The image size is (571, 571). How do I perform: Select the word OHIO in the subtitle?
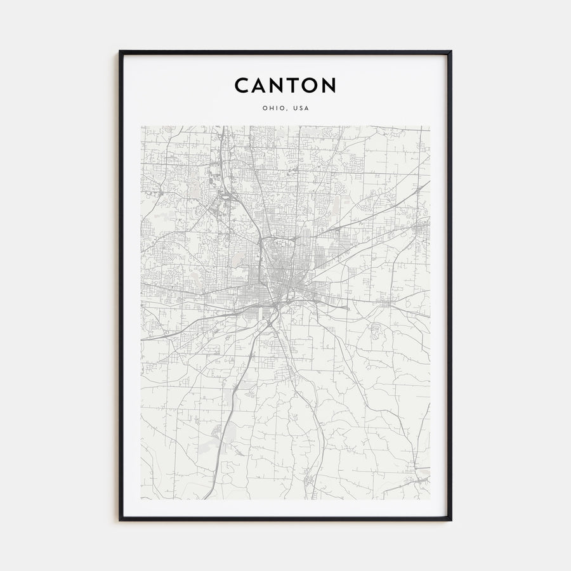(x=272, y=108)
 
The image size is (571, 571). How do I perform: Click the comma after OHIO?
(x=285, y=110)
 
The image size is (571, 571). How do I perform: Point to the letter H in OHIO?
(x=270, y=108)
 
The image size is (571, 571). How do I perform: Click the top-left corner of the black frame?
(x=120, y=51)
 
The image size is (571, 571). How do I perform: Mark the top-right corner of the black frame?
(x=451, y=51)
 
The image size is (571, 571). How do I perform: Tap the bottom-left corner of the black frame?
(x=120, y=520)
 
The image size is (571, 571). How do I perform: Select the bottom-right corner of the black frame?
(x=451, y=520)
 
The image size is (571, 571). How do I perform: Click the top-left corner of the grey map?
(x=141, y=126)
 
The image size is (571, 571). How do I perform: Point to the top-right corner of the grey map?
(x=430, y=126)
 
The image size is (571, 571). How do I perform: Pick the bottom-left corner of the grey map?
(x=141, y=499)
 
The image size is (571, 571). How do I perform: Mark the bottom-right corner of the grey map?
(x=430, y=499)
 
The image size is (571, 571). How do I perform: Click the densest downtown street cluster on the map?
(x=278, y=279)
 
